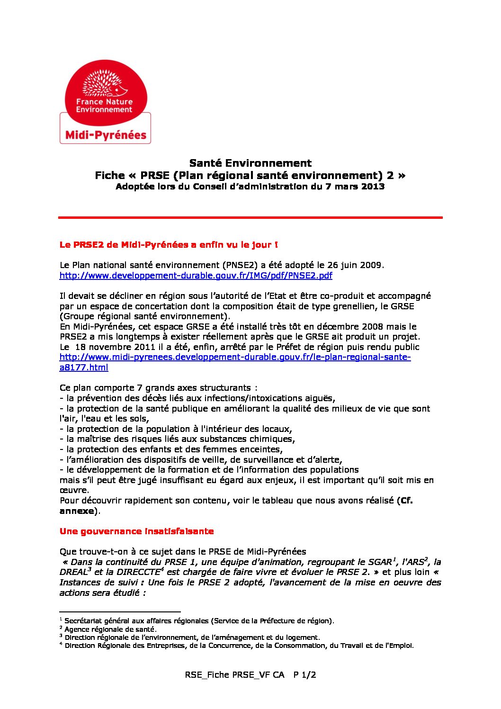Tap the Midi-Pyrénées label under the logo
point(106,135)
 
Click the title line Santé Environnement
point(250,163)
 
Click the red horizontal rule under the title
point(250,217)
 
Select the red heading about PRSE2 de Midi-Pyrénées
point(169,245)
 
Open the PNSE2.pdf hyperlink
point(196,275)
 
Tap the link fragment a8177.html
point(84,368)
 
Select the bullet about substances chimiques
point(178,439)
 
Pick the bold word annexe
point(77,511)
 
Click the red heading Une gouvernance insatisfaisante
point(136,531)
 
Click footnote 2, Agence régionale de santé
point(110,629)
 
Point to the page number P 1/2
point(304,675)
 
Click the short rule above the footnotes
point(120,612)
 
